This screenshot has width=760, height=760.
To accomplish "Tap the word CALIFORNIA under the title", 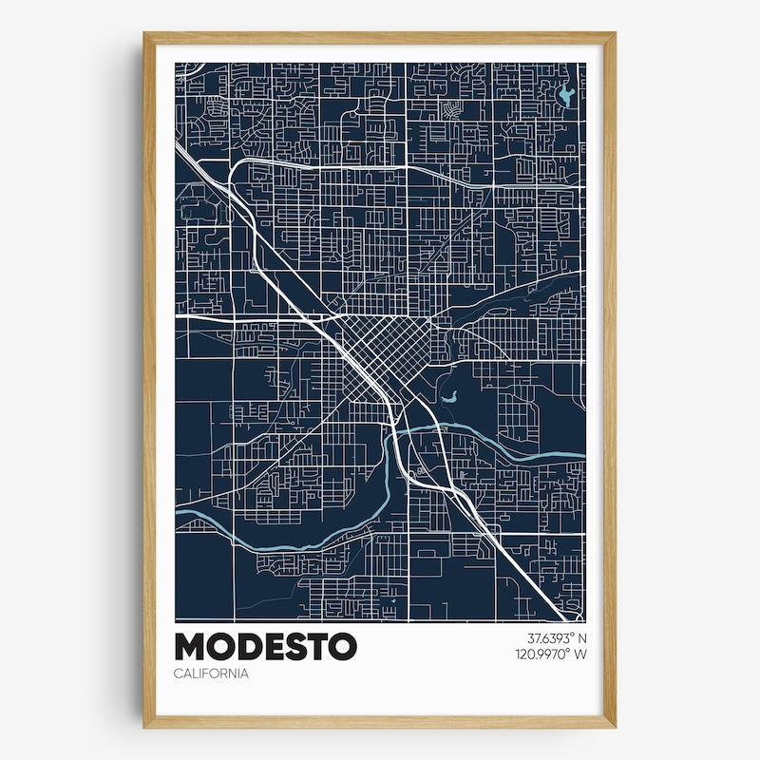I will coord(211,674).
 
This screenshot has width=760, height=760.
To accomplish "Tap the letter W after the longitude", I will coord(580,654).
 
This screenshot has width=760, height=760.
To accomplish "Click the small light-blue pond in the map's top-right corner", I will coord(567,95).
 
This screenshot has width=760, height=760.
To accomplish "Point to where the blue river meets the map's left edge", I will coord(177,515).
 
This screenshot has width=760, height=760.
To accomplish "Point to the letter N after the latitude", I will coord(582,637).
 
